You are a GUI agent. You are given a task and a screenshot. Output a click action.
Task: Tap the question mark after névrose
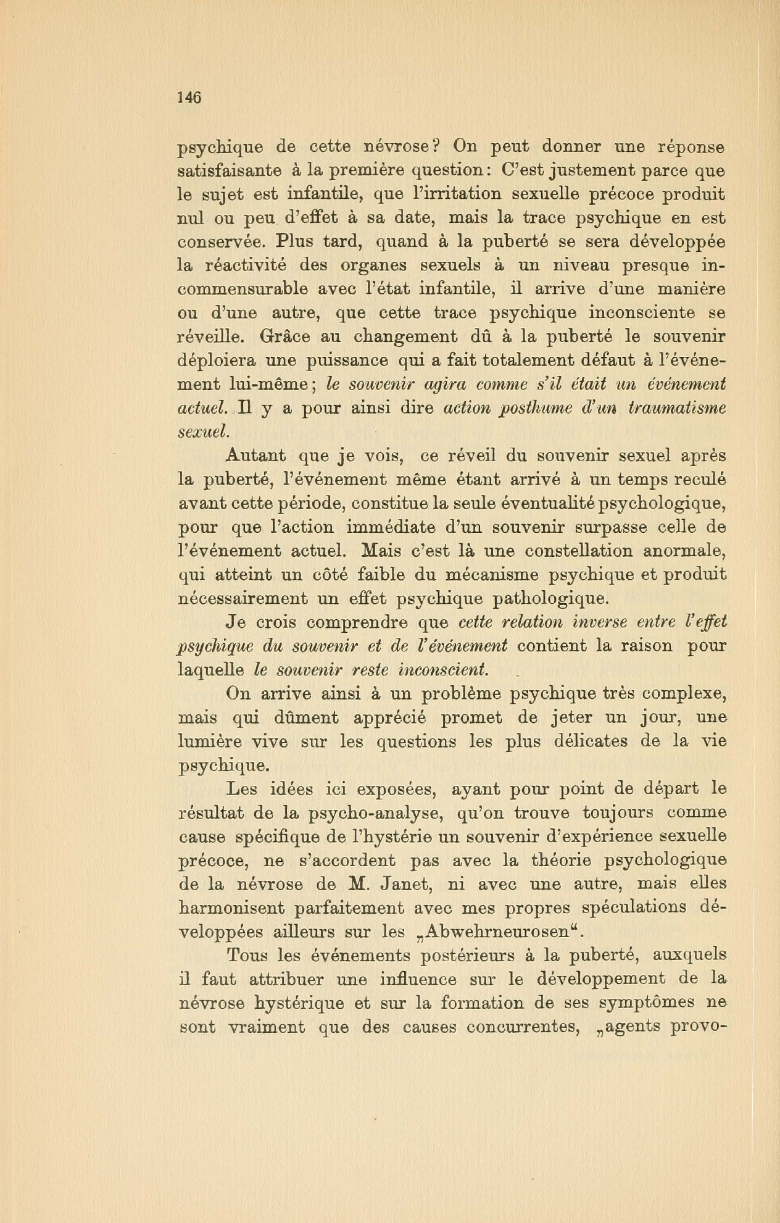point(435,146)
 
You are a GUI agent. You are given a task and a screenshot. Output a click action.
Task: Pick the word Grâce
point(283,337)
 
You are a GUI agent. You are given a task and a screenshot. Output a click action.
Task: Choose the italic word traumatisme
point(675,408)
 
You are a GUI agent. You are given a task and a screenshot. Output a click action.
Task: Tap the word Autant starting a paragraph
point(255,456)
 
